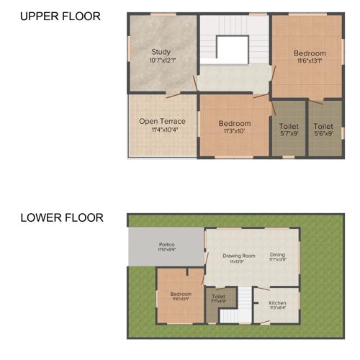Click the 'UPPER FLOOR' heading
pyautogui.click(x=60, y=16)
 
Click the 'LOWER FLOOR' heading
pyautogui.click(x=61, y=217)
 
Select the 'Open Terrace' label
pyautogui.click(x=162, y=121)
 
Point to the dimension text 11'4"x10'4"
pyautogui.click(x=162, y=130)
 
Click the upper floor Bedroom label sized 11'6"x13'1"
pyautogui.click(x=310, y=53)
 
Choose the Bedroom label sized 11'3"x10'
pyautogui.click(x=235, y=123)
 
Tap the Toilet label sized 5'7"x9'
pyautogui.click(x=288, y=127)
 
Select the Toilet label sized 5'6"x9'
pyautogui.click(x=323, y=127)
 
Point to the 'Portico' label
pyautogui.click(x=166, y=245)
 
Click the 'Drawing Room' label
pyautogui.click(x=238, y=255)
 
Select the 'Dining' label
pyautogui.click(x=277, y=254)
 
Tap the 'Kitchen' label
pyautogui.click(x=277, y=303)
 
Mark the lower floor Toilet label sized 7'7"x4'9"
pyautogui.click(x=218, y=296)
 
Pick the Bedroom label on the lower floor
pyautogui.click(x=181, y=294)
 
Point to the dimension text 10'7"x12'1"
pyautogui.click(x=161, y=60)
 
